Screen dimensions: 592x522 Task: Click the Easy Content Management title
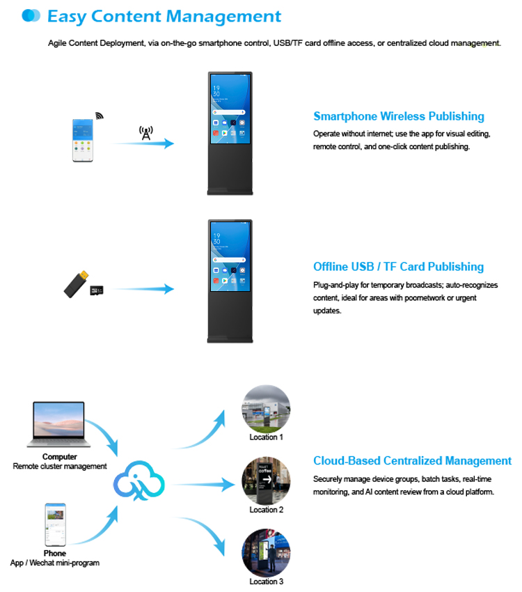click(164, 16)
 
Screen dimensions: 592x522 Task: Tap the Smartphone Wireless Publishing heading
click(399, 116)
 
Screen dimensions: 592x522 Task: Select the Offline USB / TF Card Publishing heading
click(398, 267)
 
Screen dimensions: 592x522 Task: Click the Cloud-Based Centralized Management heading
click(412, 461)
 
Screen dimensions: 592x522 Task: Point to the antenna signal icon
click(145, 132)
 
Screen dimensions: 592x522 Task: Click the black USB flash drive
click(74, 283)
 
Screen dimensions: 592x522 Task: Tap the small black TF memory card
click(97, 288)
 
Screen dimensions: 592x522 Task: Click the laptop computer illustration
click(56, 425)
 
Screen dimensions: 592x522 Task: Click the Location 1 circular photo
click(266, 410)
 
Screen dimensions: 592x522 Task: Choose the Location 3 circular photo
click(266, 553)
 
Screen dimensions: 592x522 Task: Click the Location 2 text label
click(267, 510)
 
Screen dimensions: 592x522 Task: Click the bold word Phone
click(55, 554)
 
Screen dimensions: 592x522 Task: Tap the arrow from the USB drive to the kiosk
click(143, 288)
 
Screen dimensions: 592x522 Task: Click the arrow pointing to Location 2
click(202, 483)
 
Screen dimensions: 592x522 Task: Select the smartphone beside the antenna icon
click(82, 141)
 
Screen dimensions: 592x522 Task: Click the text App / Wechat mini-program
click(55, 563)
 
